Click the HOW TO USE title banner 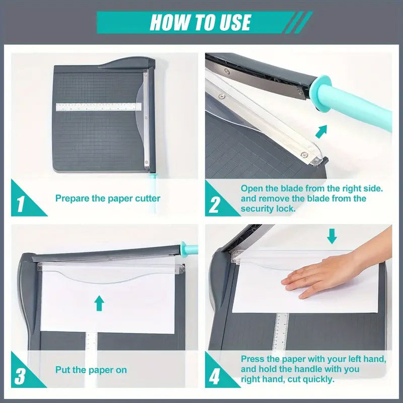tap(200, 23)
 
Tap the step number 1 tap(21, 204)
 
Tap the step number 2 tap(215, 205)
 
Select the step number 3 tap(21, 375)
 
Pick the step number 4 tap(215, 376)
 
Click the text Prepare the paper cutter tap(108, 198)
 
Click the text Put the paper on tap(91, 370)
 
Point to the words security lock tap(267, 209)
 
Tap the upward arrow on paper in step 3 tap(99, 303)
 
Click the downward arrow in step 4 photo tap(331, 235)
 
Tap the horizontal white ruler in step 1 tap(99, 107)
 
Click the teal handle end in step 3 tap(191, 248)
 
